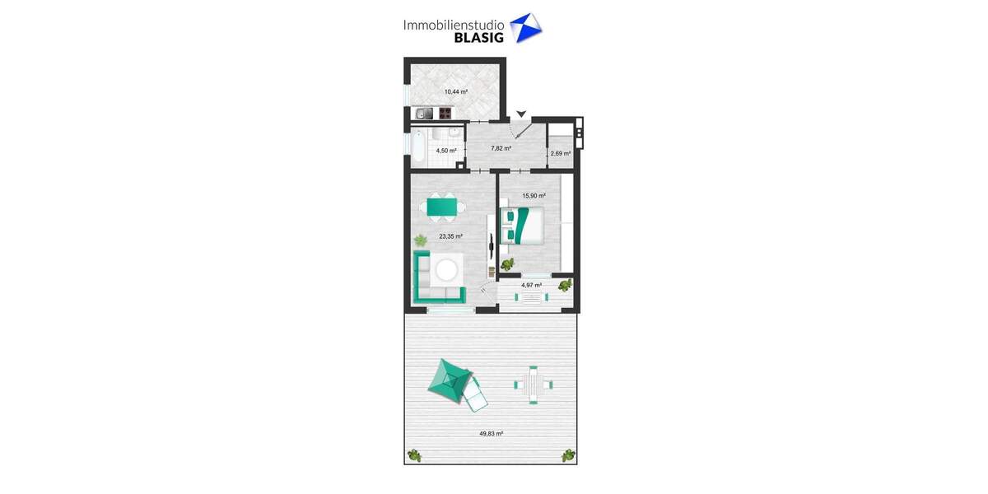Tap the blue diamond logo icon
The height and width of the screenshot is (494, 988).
click(526, 27)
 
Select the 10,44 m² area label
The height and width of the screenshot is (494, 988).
click(455, 91)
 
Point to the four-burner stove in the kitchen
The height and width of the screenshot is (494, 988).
click(445, 114)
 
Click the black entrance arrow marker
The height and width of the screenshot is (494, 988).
click(520, 114)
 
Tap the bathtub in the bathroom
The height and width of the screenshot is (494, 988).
click(419, 147)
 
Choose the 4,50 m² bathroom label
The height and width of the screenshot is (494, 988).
click(445, 151)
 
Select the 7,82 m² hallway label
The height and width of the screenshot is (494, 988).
click(501, 148)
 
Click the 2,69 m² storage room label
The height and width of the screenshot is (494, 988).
click(560, 153)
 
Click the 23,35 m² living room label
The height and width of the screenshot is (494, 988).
click(450, 236)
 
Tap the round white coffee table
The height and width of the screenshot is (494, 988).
click(448, 269)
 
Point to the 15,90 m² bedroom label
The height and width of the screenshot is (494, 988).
click(534, 196)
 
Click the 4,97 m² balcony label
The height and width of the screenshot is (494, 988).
click(531, 285)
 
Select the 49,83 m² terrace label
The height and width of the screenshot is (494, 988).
click(491, 433)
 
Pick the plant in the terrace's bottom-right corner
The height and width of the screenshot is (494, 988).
click(568, 454)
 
